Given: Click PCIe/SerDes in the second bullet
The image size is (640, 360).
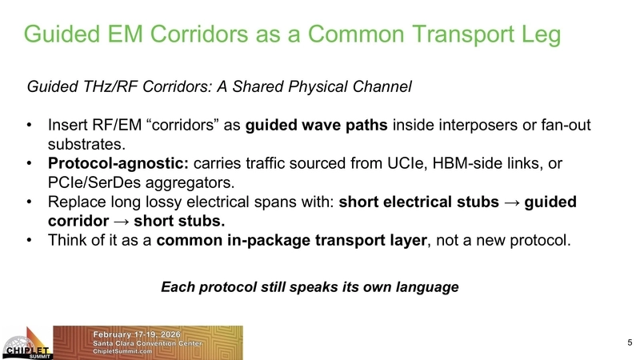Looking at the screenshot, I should point(96,182).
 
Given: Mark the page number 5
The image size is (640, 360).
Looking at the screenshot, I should point(629,342).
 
